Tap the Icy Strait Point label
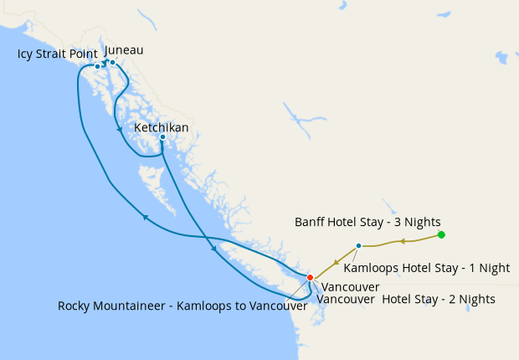point(57,54)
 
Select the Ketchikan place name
point(162,127)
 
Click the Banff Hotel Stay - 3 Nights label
point(367,222)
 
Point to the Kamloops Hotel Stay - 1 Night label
point(427,268)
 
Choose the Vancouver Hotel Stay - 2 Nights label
point(407,299)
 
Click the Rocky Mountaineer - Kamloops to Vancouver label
point(182,306)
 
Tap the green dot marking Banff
point(441,234)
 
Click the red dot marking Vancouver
point(310,277)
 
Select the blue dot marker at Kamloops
point(358,245)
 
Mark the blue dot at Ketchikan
point(162,136)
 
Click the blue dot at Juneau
point(112,62)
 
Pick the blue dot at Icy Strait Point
point(97,66)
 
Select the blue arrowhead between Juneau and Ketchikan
point(116,129)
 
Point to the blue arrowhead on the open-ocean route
point(145,217)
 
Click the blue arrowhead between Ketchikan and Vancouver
point(213,249)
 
